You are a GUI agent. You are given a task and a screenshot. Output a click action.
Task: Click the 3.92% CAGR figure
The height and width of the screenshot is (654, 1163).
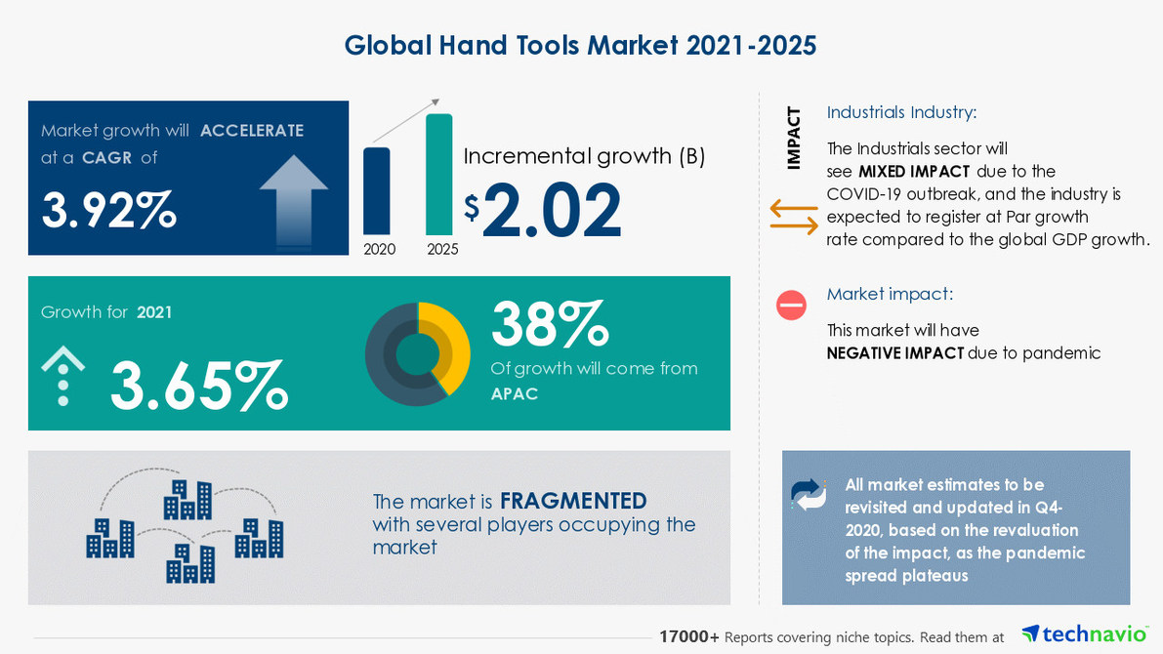click(108, 209)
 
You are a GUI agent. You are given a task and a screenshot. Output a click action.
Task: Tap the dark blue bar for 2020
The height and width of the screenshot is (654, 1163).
click(377, 190)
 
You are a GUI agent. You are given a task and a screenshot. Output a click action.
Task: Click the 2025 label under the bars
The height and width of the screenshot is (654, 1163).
click(442, 249)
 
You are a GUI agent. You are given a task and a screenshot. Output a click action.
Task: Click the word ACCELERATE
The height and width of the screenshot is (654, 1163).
click(252, 131)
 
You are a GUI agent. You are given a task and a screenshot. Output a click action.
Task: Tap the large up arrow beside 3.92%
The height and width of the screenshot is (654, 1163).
click(293, 199)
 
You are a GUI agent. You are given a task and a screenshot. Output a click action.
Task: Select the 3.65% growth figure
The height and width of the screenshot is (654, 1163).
click(199, 384)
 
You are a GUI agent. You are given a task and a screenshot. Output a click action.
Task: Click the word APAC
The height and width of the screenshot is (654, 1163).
click(514, 394)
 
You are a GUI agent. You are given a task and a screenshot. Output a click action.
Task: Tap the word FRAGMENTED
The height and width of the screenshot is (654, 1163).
click(573, 502)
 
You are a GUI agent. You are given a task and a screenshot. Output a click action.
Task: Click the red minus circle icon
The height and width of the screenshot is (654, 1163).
click(791, 306)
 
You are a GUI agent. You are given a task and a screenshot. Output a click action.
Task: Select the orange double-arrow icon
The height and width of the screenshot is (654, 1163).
click(794, 217)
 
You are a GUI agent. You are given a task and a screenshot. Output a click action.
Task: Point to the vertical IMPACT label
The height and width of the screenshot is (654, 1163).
click(794, 138)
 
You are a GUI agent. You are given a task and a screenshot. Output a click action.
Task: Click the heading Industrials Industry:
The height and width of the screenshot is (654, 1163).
click(901, 112)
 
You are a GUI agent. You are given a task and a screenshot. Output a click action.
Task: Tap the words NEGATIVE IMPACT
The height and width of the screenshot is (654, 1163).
click(895, 353)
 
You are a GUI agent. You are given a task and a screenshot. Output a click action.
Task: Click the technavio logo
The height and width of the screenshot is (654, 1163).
click(1084, 634)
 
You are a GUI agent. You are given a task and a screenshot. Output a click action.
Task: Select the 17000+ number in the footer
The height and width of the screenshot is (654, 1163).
click(689, 636)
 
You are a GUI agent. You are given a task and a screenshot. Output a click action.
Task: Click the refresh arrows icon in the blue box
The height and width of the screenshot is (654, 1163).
click(809, 495)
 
